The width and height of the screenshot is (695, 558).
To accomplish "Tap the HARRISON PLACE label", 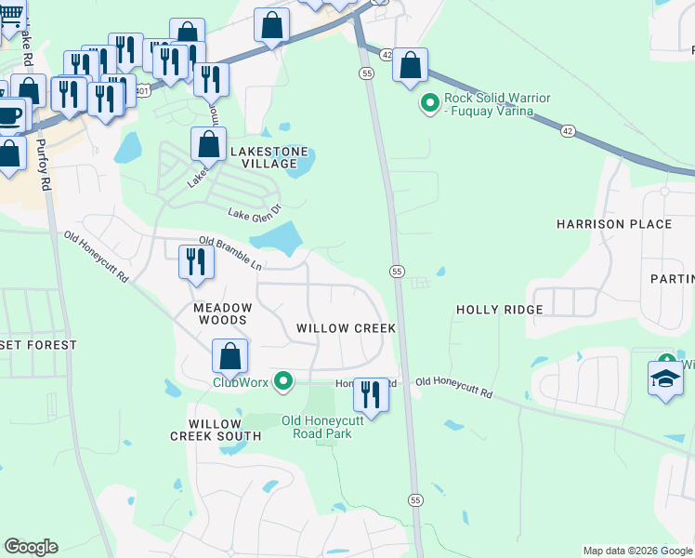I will coord(613,224).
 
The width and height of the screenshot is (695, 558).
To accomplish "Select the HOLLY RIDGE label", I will coord(492,310).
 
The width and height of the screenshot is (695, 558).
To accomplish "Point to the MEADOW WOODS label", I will coord(222,313).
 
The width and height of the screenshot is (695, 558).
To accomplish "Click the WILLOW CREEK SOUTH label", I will coord(216,430).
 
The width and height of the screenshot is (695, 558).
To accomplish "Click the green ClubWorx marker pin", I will coord(285,381).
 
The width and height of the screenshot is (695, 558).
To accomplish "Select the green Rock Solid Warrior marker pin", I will coord(429,104).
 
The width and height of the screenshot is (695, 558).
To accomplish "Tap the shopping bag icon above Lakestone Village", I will coord(209,144).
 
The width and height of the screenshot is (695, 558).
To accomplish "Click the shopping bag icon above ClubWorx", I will coord(229,356).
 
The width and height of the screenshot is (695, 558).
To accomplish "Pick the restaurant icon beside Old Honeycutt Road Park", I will coord(370,394).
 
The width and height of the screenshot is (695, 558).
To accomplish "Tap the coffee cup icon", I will coord(9,116).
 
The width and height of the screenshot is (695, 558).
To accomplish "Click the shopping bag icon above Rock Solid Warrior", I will coord(410,65).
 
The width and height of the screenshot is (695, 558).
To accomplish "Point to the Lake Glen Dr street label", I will coord(254,212).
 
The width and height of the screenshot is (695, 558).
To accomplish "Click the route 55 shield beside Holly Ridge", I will coord(397,271).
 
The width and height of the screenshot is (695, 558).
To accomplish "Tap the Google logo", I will coord(31,547).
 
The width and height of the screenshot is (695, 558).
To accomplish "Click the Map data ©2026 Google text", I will coord(636,551).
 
